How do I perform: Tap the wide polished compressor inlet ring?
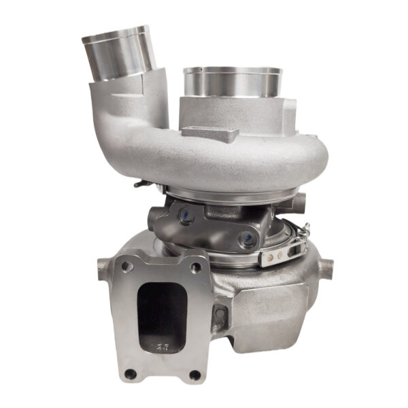pyautogui.click(x=233, y=83)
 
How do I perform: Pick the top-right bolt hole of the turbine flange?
pyautogui.click(x=196, y=268)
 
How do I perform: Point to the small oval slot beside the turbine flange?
pyautogui.click(x=220, y=314)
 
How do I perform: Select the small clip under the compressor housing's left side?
pyautogui.click(x=140, y=182)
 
